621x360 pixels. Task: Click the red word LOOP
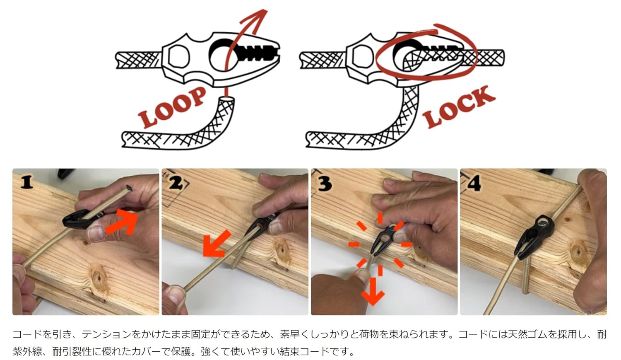(x=172, y=107)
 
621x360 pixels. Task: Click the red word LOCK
(x=459, y=107)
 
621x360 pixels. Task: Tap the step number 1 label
(x=27, y=183)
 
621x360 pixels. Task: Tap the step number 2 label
(x=176, y=183)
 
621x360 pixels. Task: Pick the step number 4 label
(x=474, y=183)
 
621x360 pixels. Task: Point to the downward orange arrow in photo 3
(x=373, y=291)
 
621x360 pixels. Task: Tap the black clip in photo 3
(x=384, y=239)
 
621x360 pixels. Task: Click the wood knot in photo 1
(x=99, y=277)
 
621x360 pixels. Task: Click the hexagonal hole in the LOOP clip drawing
(x=179, y=57)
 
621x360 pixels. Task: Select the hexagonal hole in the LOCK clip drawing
(x=363, y=57)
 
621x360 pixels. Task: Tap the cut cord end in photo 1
(x=129, y=188)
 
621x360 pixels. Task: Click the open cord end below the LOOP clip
(x=227, y=99)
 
